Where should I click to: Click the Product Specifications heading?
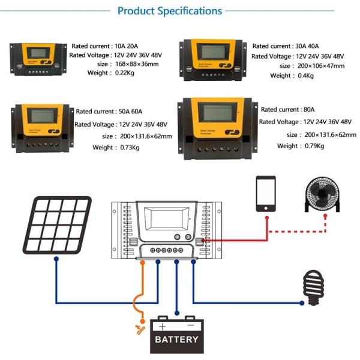[170, 11]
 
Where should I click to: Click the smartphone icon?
[265, 193]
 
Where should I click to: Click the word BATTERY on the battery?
[176, 340]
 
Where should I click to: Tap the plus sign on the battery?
[162, 326]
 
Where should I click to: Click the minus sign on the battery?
[190, 326]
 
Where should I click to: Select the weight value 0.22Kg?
[129, 73]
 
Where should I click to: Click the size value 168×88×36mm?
[137, 64]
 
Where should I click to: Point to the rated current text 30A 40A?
[310, 46]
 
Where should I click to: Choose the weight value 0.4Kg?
[305, 76]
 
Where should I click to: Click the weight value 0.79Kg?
[310, 146]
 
